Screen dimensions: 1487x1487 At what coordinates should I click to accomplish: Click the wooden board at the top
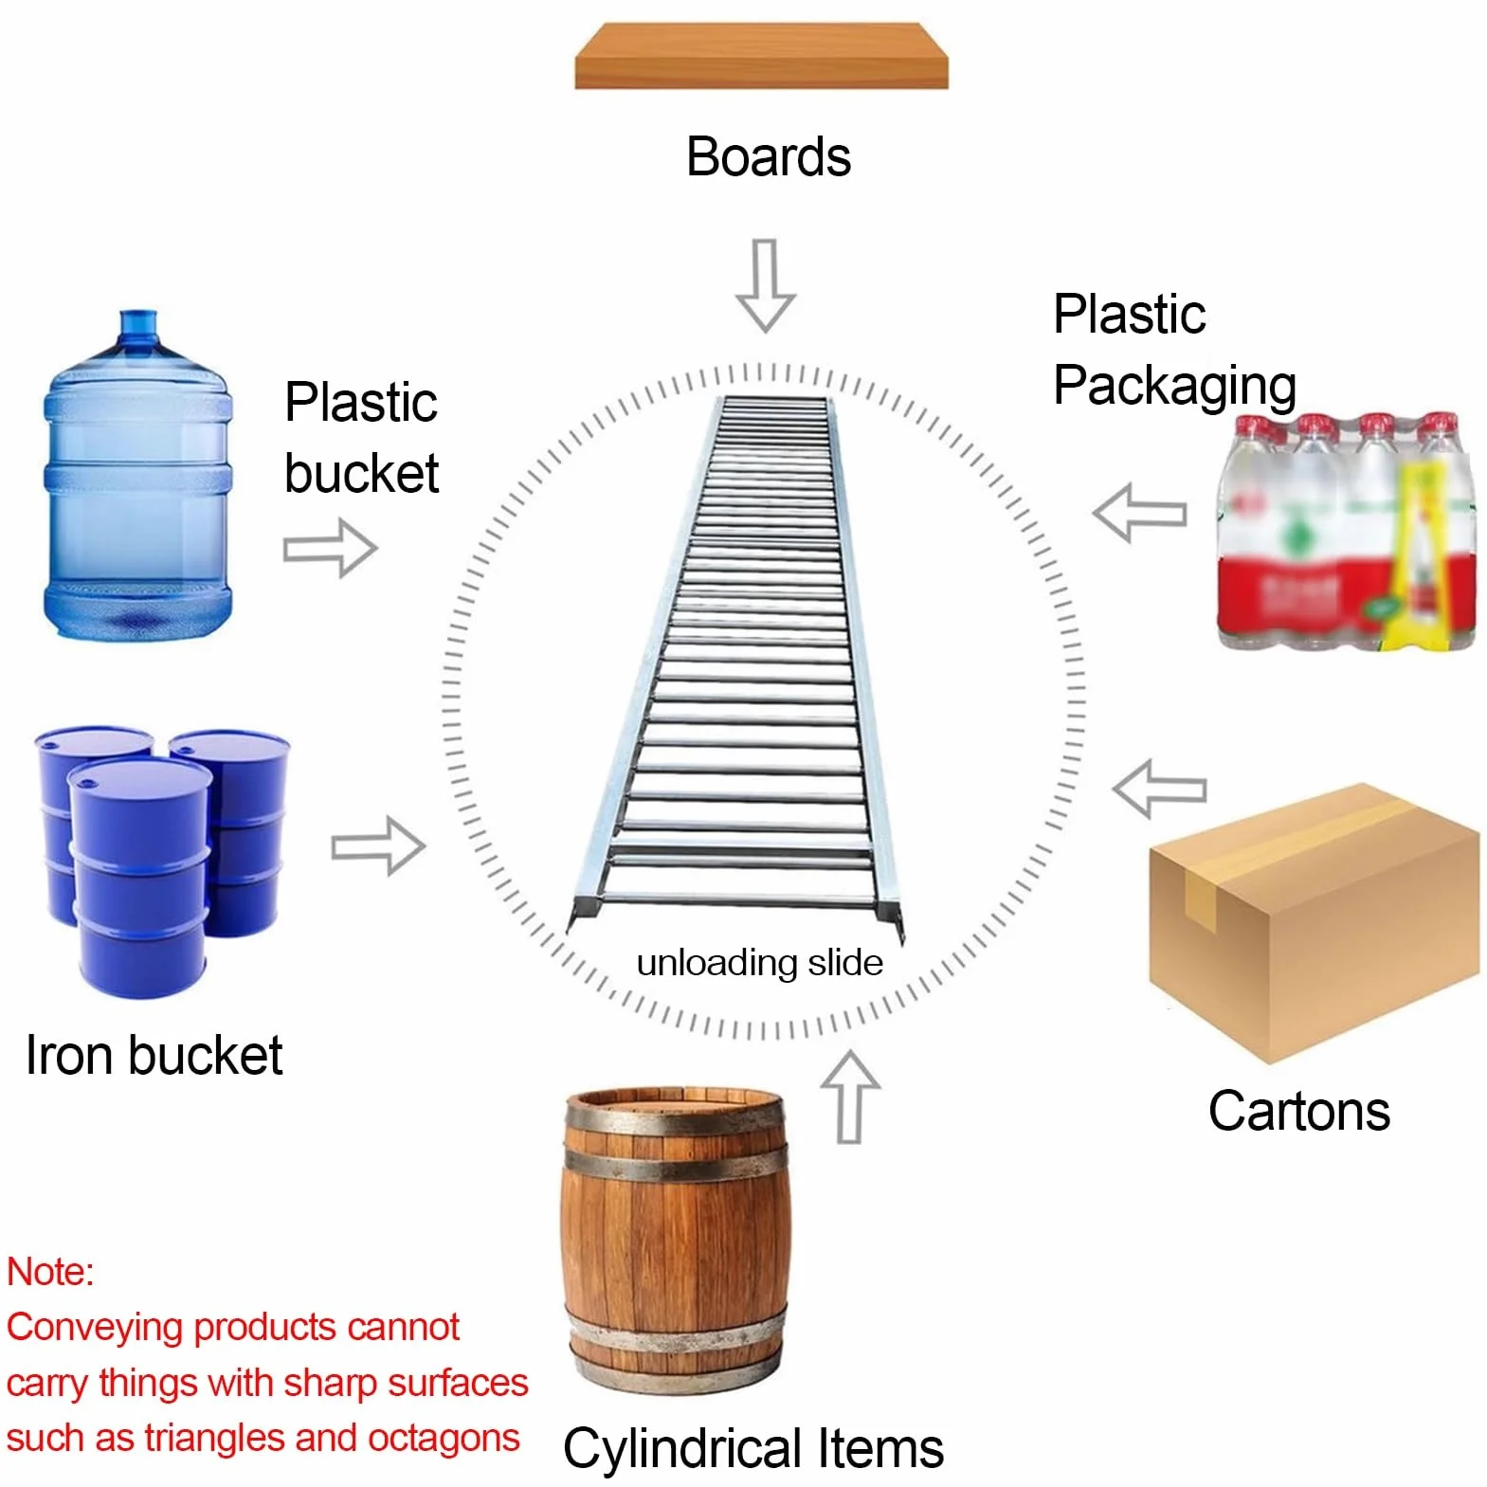[x=761, y=56]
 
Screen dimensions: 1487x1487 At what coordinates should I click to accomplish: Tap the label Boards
[x=769, y=156]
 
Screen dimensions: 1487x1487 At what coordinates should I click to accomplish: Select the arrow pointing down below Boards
[x=766, y=284]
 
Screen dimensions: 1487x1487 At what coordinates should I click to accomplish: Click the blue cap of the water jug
[x=138, y=324]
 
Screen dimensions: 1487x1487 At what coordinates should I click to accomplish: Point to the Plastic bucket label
[x=361, y=438]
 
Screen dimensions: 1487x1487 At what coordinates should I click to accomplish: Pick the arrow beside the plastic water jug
[x=330, y=548]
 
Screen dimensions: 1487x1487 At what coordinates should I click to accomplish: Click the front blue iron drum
[x=139, y=876]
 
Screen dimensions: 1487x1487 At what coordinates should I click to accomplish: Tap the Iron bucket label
[x=154, y=1055]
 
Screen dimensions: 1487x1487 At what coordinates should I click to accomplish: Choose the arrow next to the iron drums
[x=378, y=845]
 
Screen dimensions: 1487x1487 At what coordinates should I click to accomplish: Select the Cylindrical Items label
[x=753, y=1448]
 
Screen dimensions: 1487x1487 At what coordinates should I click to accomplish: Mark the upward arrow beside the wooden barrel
[x=850, y=1096]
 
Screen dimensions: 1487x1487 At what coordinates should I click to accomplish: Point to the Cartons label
[x=1298, y=1111]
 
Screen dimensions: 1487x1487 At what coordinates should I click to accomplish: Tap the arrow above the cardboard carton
[x=1159, y=789]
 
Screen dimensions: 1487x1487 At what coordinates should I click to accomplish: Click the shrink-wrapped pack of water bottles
[x=1347, y=532]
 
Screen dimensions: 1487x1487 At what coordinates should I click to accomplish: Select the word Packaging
[x=1175, y=387]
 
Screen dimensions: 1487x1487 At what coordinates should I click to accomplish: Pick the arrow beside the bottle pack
[x=1139, y=513]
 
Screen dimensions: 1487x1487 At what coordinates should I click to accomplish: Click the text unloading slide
[x=759, y=963]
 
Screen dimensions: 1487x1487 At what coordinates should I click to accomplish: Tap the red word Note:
[x=50, y=1272]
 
